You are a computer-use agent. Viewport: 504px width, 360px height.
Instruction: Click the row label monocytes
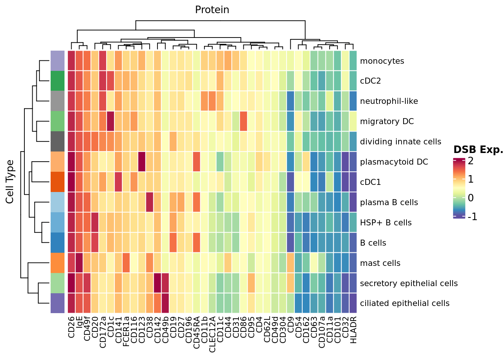pyautogui.click(x=382, y=61)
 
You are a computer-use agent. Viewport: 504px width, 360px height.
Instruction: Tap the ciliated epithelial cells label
pyautogui.click(x=405, y=303)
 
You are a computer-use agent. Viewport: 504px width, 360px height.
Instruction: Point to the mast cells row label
pyautogui.click(x=380, y=263)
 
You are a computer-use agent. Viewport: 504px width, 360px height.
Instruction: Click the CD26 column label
pyautogui.click(x=72, y=327)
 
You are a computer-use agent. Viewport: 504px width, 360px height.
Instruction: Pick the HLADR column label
pyautogui.click(x=353, y=330)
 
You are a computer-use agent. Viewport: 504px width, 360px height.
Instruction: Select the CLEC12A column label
pyautogui.click(x=212, y=334)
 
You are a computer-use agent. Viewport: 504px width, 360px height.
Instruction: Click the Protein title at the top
pyautogui.click(x=212, y=10)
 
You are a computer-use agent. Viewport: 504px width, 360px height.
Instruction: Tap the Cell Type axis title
pyautogui.click(x=10, y=182)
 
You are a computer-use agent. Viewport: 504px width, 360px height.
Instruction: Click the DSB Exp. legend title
pyautogui.click(x=478, y=150)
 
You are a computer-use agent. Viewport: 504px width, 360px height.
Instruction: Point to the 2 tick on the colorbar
pyautogui.click(x=471, y=161)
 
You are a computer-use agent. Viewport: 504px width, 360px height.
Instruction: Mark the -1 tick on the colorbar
pyautogui.click(x=472, y=217)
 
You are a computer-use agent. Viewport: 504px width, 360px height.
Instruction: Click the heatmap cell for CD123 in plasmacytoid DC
pyautogui.click(x=142, y=162)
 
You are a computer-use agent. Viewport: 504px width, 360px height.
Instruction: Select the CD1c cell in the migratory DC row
pyautogui.click(x=111, y=121)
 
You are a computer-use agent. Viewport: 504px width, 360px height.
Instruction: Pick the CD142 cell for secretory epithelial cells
pyautogui.click(x=157, y=283)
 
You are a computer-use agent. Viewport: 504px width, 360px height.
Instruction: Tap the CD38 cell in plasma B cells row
pyautogui.click(x=150, y=202)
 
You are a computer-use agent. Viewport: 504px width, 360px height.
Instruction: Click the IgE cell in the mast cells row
pyautogui.click(x=79, y=263)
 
